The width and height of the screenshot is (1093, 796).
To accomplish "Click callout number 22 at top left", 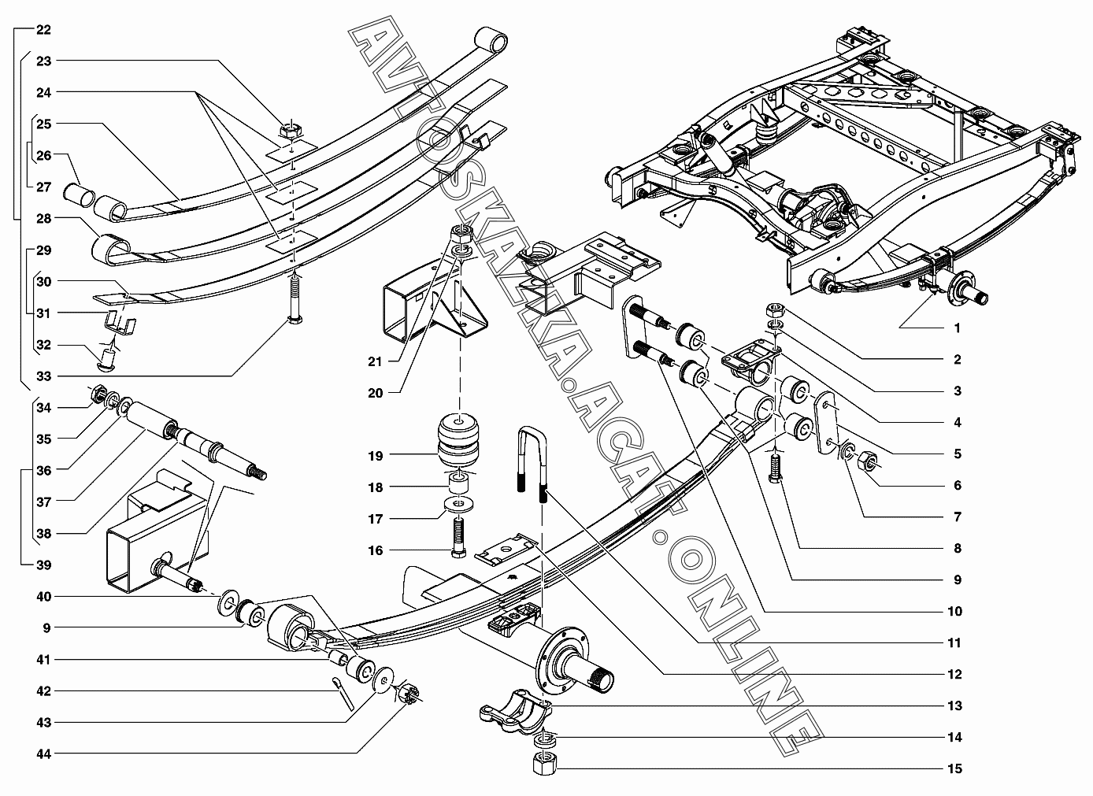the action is [x=43, y=30].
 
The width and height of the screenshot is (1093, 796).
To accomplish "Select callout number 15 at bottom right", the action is [x=954, y=768].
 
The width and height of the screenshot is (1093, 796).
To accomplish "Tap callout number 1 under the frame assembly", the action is [x=957, y=328].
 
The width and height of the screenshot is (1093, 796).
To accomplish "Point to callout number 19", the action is [x=376, y=456].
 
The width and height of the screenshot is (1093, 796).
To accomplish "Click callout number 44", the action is [x=43, y=754].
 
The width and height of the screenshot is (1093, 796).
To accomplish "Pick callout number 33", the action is [x=43, y=376].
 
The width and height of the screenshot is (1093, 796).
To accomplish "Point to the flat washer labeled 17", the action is [x=458, y=505].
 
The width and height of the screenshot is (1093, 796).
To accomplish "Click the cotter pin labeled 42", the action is [x=343, y=690].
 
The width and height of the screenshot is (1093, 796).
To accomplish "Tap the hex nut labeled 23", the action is [x=291, y=130].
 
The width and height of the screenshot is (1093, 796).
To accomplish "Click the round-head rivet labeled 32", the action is [x=109, y=360].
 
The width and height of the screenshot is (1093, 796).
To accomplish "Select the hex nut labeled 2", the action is [x=775, y=309].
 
